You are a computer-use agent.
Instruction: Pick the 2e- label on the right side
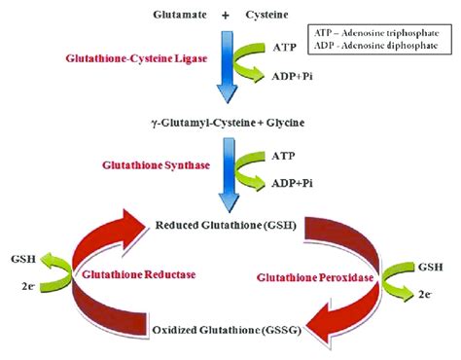pyautogui.click(x=425, y=292)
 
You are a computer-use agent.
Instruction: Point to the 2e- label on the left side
pyautogui.click(x=29, y=287)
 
